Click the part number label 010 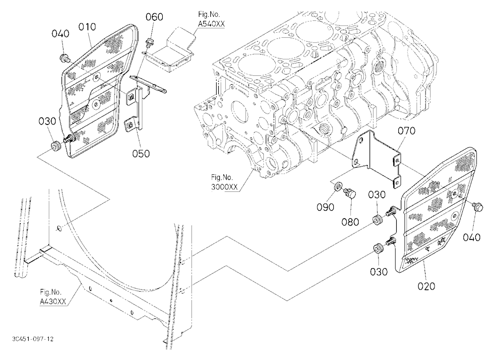tap(87, 27)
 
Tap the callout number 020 tap(427, 286)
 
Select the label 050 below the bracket tap(141, 154)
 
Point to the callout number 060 tap(154, 17)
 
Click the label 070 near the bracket tap(407, 130)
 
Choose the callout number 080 tap(350, 222)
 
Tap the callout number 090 tap(325, 207)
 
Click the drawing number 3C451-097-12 tap(33, 339)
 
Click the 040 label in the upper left tap(61, 34)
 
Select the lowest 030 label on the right tap(379, 271)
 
